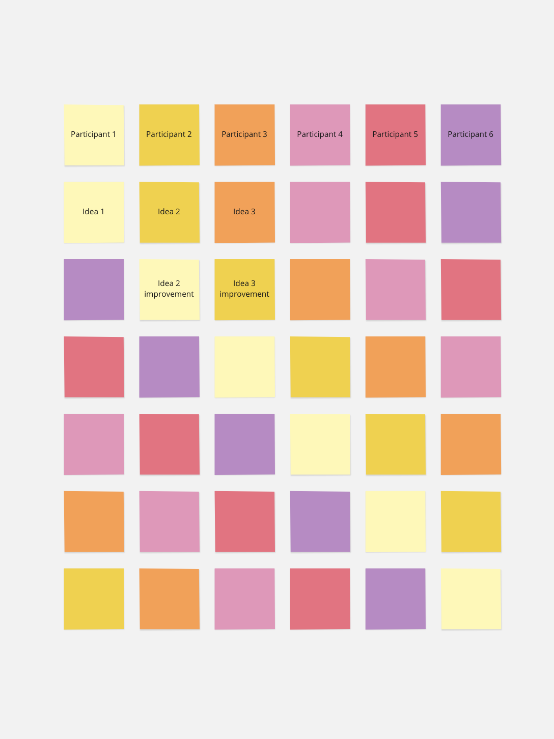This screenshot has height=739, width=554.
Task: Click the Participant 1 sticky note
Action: [94, 135]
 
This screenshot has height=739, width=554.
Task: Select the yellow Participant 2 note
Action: [169, 135]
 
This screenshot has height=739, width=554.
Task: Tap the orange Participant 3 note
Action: [244, 135]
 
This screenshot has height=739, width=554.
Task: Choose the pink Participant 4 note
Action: [320, 135]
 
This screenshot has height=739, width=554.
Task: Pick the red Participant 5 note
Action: [395, 135]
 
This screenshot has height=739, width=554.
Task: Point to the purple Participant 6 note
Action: [470, 135]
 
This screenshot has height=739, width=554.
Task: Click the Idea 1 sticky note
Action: [94, 212]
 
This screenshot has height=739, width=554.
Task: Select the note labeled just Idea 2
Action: [169, 212]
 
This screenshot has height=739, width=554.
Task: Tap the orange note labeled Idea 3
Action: [244, 212]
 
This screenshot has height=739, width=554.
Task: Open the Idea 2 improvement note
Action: [169, 290]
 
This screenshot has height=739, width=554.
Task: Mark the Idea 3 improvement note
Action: [244, 290]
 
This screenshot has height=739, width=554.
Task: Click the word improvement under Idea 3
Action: [244, 294]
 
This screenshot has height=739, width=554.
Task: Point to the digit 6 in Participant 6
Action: [491, 134]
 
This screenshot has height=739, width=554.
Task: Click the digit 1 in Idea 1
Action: [102, 212]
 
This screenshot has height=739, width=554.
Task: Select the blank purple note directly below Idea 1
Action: [94, 290]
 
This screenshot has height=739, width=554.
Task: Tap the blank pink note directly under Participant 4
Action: [320, 212]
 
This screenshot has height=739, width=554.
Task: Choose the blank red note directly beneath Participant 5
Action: [395, 212]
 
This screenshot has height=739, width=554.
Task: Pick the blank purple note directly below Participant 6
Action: [470, 212]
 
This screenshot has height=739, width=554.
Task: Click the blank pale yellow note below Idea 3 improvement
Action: [244, 367]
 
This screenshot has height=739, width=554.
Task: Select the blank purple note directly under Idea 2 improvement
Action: [169, 367]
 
